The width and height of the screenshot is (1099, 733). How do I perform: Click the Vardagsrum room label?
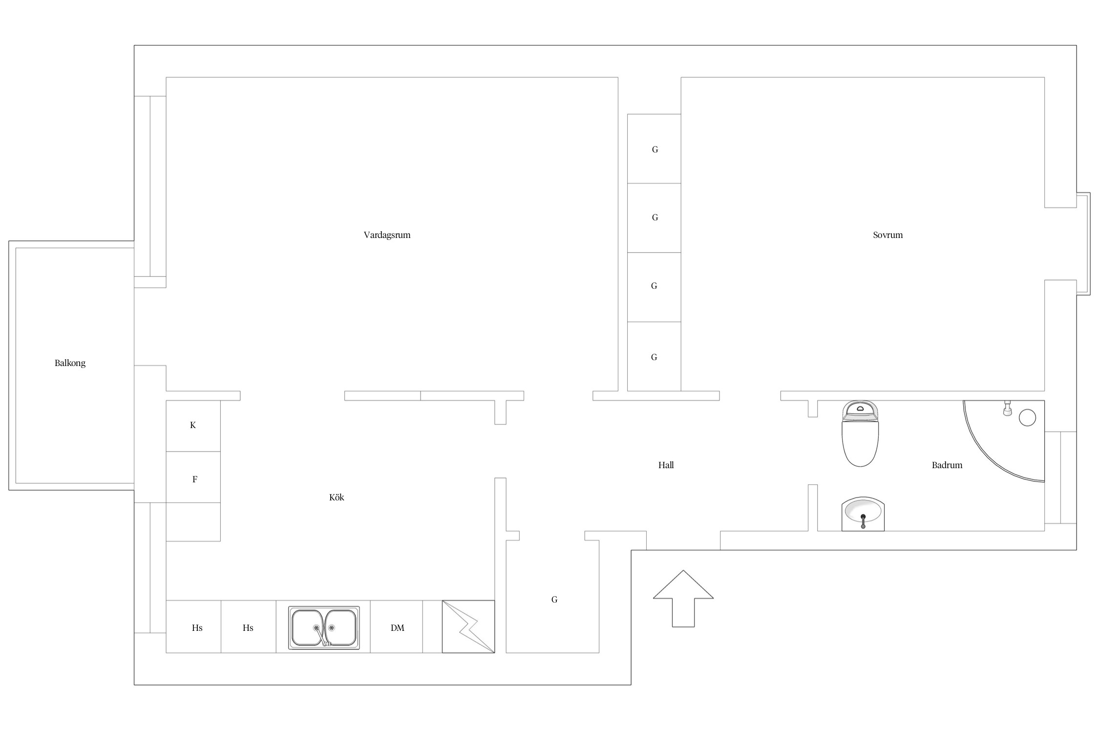(x=387, y=235)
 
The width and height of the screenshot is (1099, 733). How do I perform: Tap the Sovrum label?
(x=888, y=235)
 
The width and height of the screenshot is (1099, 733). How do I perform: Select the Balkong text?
(x=70, y=363)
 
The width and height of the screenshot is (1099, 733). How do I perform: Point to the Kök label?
(x=337, y=497)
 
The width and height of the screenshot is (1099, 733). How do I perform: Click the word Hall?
(x=666, y=465)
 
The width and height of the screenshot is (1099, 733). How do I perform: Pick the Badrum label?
(x=947, y=465)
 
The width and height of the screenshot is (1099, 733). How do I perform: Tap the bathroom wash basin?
(x=863, y=514)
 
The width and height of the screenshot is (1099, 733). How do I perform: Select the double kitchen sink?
(x=324, y=627)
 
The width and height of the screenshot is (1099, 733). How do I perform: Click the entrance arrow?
(x=683, y=598)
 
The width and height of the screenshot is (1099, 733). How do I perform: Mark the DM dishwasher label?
(x=397, y=628)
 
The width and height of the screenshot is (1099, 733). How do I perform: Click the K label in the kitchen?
(x=193, y=425)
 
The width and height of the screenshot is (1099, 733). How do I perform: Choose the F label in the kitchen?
(x=194, y=479)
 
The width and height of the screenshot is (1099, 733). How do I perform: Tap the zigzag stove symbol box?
(x=468, y=626)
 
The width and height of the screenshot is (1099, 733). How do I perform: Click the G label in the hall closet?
(x=554, y=600)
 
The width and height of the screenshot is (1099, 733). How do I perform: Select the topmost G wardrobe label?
(x=655, y=150)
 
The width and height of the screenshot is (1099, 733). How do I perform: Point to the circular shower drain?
(x=1027, y=418)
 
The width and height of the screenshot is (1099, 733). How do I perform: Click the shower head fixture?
(x=1007, y=408)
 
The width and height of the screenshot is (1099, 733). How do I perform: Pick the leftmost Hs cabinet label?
(x=197, y=628)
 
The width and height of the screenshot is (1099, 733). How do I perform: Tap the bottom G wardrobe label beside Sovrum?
(x=654, y=357)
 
